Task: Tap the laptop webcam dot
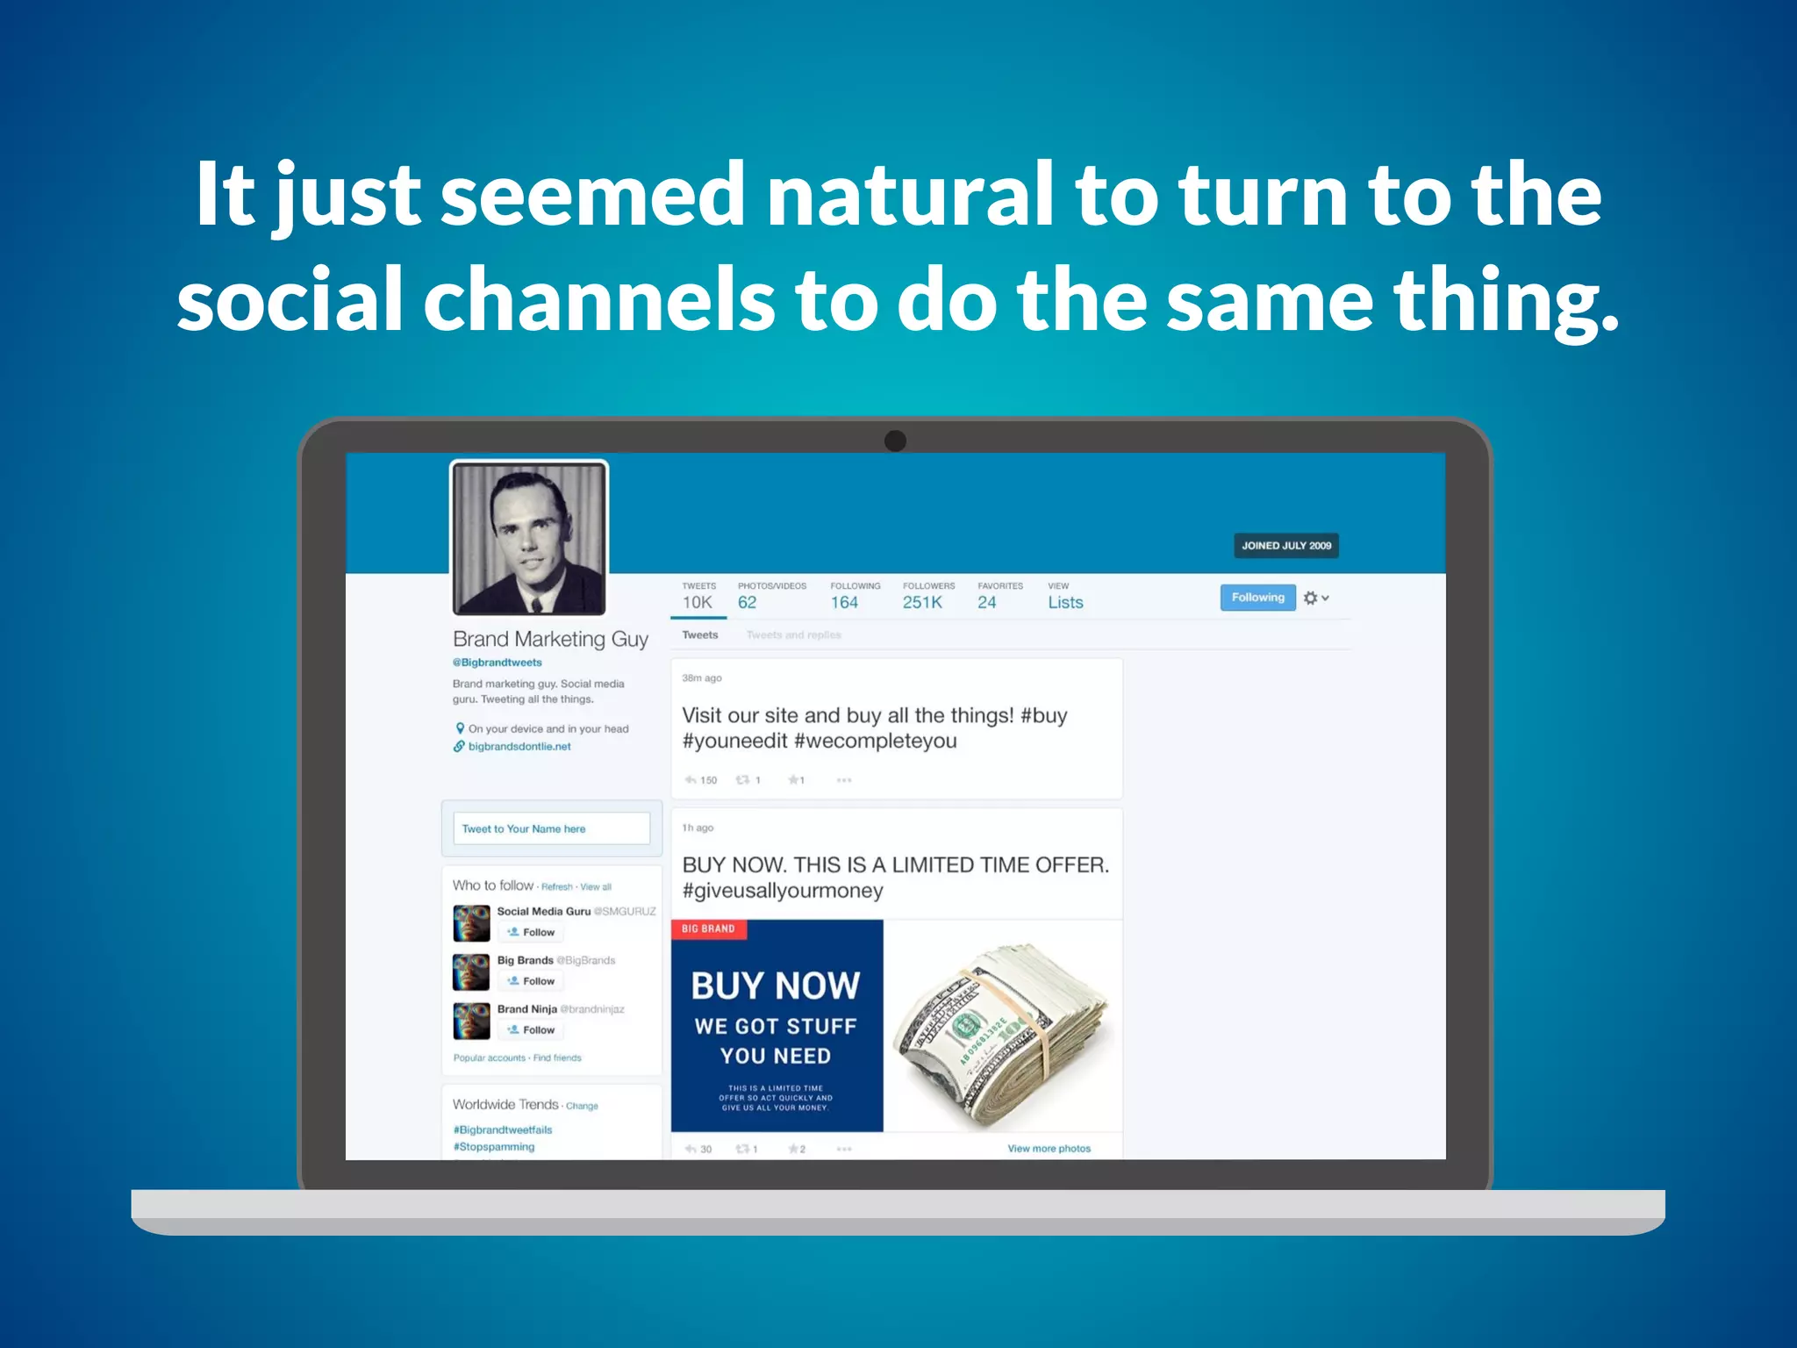click(x=895, y=441)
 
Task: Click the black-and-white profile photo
click(x=529, y=538)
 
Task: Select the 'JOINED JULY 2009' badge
click(x=1285, y=546)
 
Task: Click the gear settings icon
click(x=1310, y=598)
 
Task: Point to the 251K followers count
click(x=922, y=603)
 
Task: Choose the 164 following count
click(x=844, y=603)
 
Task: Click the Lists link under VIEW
click(x=1065, y=603)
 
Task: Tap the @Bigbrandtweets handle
click(x=498, y=663)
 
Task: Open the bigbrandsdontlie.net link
click(x=519, y=747)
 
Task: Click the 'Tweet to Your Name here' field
click(x=551, y=828)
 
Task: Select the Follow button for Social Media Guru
click(x=531, y=933)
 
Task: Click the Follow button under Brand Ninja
click(x=531, y=1030)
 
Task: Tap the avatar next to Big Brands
click(x=471, y=972)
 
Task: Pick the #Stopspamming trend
click(x=494, y=1147)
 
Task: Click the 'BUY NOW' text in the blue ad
click(x=776, y=986)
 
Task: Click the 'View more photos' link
click(x=1049, y=1149)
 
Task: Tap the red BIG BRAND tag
click(x=708, y=929)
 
